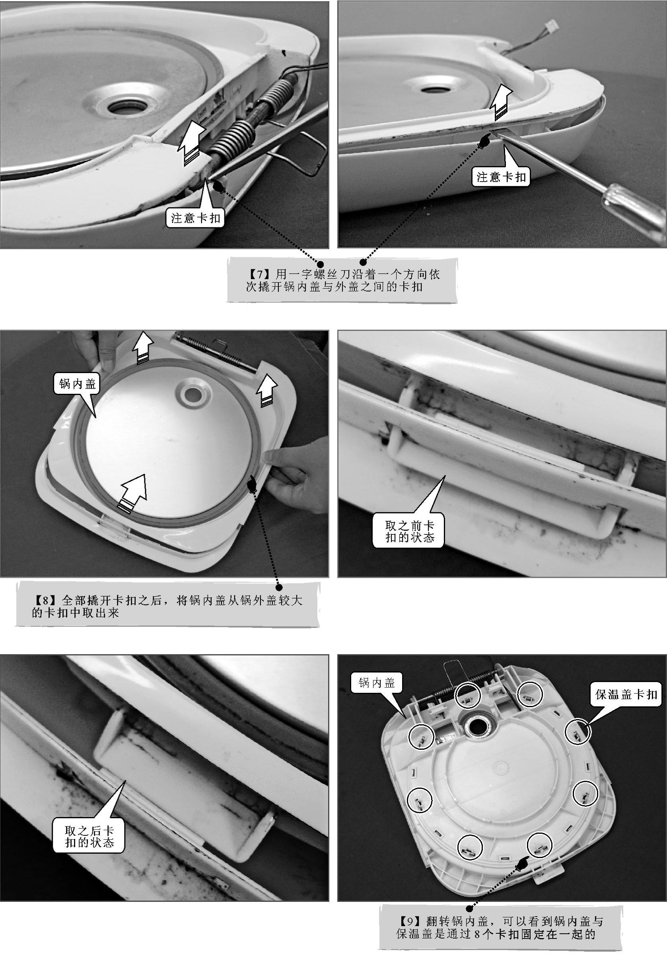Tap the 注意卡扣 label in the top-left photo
[196, 218]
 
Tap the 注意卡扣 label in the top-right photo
[501, 177]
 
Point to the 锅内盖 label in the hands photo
[78, 383]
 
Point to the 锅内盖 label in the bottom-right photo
[376, 683]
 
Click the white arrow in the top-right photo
[500, 102]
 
